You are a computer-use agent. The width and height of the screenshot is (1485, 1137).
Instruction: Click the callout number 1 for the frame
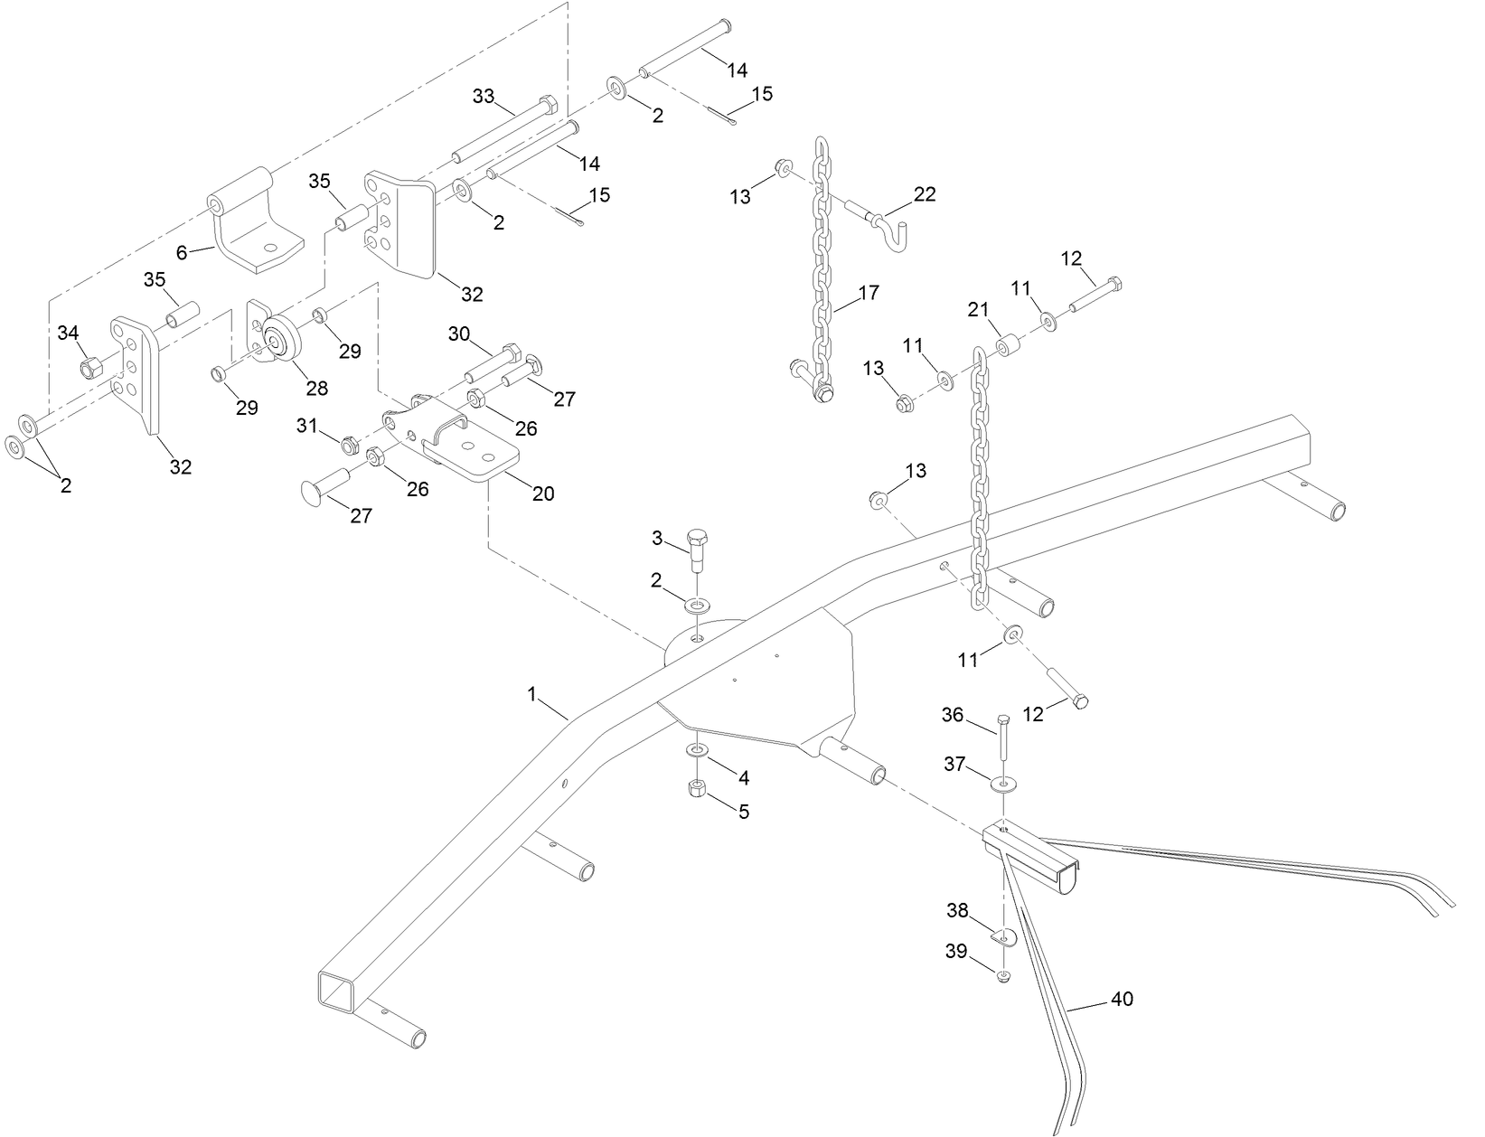pyautogui.click(x=532, y=693)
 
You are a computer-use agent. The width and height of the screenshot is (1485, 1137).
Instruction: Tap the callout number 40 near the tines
pyautogui.click(x=1122, y=999)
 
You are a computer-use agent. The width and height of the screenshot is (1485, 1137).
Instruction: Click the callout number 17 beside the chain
pyautogui.click(x=869, y=293)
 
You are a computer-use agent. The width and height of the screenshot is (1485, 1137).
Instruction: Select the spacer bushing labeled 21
pyautogui.click(x=1008, y=347)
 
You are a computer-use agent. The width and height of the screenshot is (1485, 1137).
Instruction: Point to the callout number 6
pyautogui.click(x=182, y=252)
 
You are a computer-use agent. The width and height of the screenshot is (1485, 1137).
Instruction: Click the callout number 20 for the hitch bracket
pyautogui.click(x=543, y=493)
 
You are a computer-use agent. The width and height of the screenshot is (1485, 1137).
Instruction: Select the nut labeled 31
pyautogui.click(x=347, y=444)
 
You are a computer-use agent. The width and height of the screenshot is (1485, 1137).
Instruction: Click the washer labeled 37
pyautogui.click(x=1003, y=783)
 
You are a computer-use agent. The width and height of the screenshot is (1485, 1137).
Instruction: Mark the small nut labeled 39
pyautogui.click(x=1003, y=975)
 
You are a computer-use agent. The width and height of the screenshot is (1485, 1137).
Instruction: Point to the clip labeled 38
pyautogui.click(x=1003, y=938)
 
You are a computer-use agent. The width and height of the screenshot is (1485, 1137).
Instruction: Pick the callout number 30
pyautogui.click(x=459, y=334)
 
